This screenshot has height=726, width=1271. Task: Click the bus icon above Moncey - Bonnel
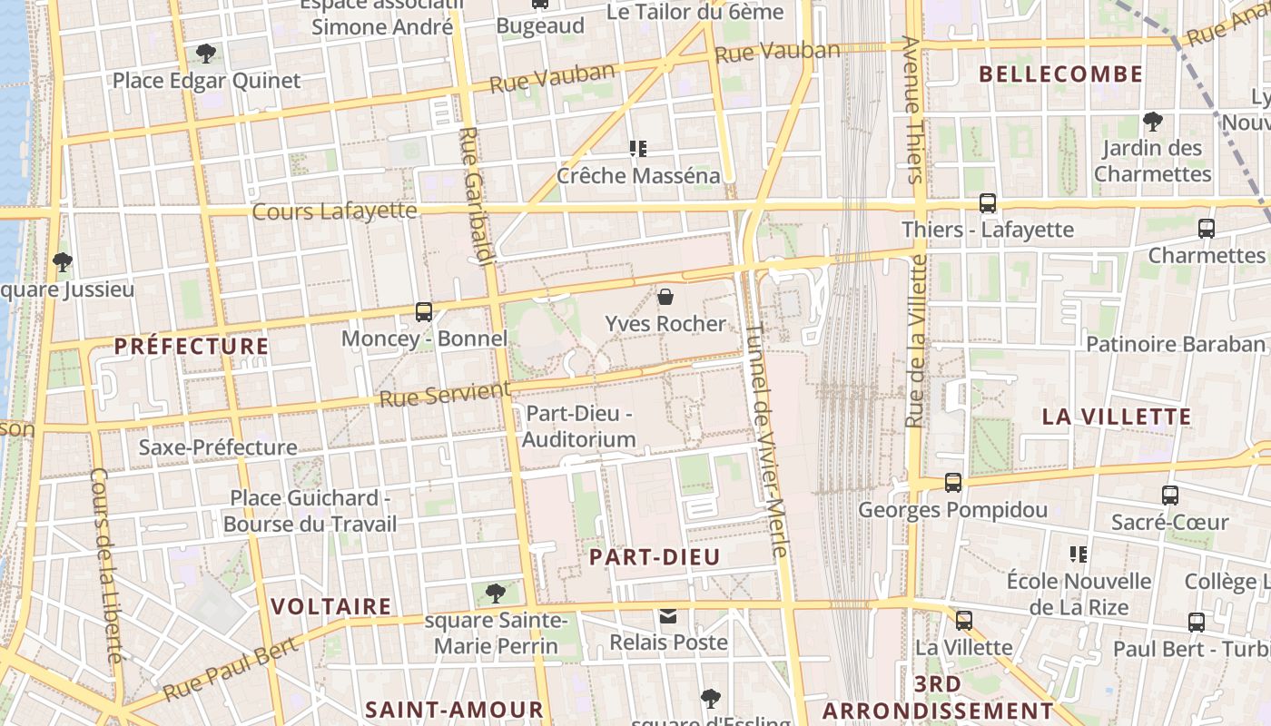(423, 311)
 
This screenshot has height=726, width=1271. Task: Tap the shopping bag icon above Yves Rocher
(665, 297)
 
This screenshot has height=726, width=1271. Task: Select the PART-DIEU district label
(655, 557)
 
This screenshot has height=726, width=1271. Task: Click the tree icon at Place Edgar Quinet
(206, 54)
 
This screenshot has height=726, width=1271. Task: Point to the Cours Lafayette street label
(334, 211)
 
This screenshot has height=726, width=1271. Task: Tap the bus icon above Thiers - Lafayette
(988, 203)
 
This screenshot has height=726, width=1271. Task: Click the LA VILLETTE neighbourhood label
(1116, 417)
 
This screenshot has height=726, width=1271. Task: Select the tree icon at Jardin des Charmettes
(1152, 121)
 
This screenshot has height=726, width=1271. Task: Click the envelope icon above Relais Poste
(668, 616)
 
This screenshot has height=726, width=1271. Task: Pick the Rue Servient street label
(445, 395)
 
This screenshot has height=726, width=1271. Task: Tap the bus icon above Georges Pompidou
(952, 483)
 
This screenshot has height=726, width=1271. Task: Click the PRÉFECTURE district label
(192, 346)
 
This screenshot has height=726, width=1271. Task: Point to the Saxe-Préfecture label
(218, 447)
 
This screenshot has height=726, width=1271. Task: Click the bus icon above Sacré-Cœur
(1170, 495)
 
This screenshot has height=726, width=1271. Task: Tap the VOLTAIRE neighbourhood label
(331, 606)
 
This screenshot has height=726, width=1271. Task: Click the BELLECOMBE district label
(1061, 74)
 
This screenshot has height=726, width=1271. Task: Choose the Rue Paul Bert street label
(231, 670)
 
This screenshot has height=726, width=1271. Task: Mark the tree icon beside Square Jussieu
(63, 263)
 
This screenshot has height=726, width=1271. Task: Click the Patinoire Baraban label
(1175, 344)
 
